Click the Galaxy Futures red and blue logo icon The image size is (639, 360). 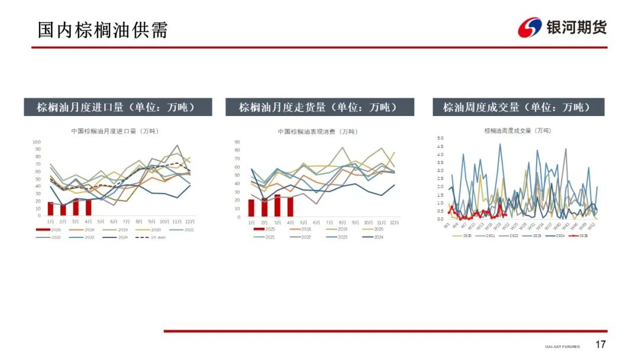(x=530, y=27)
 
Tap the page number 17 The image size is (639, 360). (x=601, y=345)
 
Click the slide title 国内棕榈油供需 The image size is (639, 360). (x=103, y=30)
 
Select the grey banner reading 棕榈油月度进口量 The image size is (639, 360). (x=118, y=107)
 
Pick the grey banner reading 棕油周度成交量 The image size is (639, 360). (x=519, y=107)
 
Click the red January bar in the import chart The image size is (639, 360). (x=50, y=208)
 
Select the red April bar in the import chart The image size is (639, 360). (x=89, y=207)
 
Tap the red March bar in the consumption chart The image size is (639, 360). (x=277, y=205)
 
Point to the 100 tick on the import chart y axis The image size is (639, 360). (x=36, y=142)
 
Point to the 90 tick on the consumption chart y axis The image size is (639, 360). (x=237, y=142)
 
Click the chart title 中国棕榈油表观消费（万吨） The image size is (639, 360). (x=318, y=131)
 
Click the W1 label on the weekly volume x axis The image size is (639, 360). (x=447, y=225)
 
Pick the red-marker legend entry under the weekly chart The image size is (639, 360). (x=583, y=235)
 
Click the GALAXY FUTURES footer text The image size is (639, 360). (x=563, y=346)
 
